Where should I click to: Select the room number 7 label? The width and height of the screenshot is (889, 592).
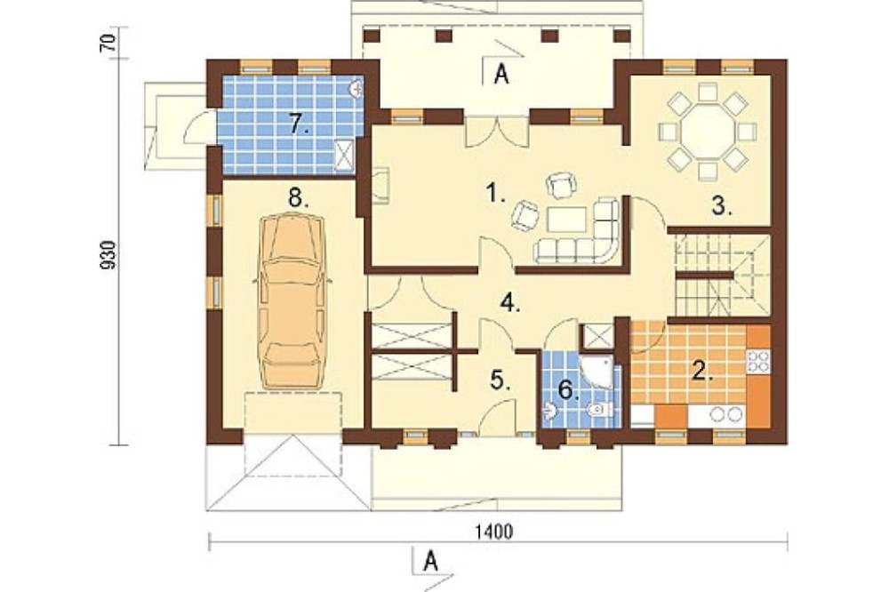(299, 123)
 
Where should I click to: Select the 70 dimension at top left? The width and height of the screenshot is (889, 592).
(108, 43)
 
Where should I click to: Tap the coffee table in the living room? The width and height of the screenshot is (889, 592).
(567, 219)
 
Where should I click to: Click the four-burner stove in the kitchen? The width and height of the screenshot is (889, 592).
(758, 361)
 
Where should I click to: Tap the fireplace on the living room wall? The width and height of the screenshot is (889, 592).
(380, 185)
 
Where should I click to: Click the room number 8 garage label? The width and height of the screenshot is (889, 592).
(298, 198)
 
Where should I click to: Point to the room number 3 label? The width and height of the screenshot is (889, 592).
(722, 206)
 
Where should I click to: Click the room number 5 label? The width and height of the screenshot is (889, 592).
(500, 380)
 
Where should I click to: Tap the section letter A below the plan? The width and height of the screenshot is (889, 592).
(432, 563)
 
